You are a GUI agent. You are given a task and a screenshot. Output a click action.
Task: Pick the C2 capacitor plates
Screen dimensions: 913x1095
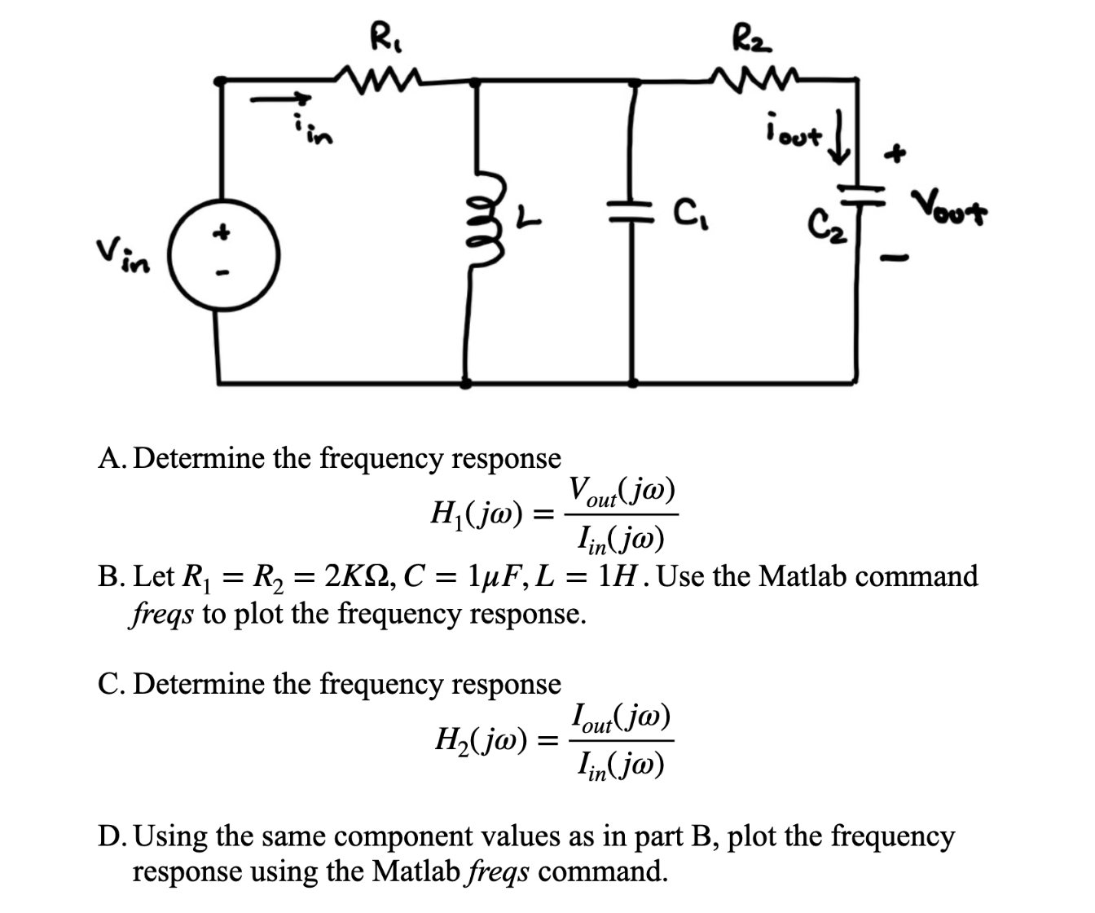coord(859,191)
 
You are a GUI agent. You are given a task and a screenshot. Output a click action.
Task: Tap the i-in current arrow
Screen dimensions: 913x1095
coord(281,99)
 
